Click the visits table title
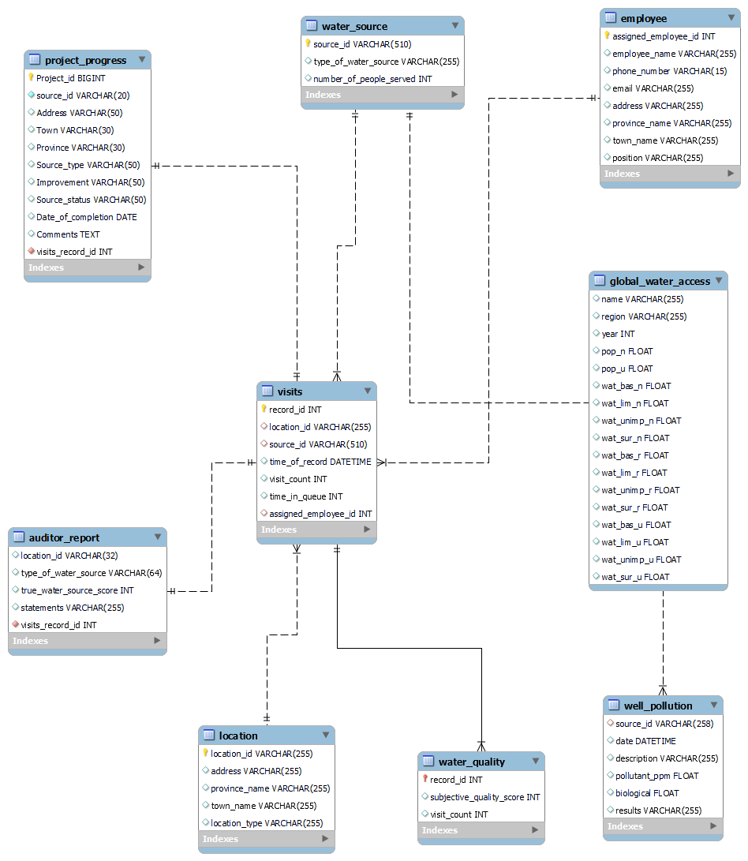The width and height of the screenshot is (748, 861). point(290,391)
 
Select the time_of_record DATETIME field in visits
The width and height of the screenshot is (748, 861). point(320,462)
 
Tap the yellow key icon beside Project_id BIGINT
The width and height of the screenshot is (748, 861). point(32,78)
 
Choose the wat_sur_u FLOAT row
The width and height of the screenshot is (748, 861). point(634,577)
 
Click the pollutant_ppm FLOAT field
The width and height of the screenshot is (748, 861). point(656,776)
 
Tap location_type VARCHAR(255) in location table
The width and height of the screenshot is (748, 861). point(266,823)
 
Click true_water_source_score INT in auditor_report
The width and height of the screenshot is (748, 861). point(77,590)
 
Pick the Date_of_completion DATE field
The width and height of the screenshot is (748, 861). point(86,217)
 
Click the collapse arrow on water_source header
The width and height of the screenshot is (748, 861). point(454,26)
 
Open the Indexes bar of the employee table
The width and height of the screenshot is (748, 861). point(670,174)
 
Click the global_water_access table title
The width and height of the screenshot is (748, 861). point(660,281)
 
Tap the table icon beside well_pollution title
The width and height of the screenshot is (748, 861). point(613,706)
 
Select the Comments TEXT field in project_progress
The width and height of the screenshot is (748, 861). point(68,234)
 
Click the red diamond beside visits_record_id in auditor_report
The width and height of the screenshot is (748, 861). point(16,625)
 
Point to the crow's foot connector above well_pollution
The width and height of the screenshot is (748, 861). point(663,688)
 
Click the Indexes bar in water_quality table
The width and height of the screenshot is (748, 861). point(481,830)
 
